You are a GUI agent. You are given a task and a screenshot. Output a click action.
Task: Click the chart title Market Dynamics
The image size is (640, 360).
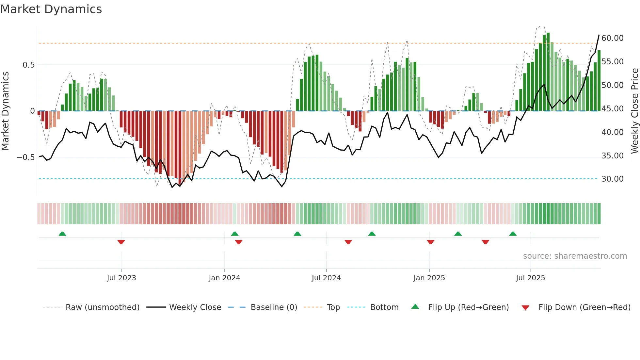point(51,9)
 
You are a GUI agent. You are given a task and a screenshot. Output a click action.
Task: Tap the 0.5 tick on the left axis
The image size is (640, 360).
point(28,65)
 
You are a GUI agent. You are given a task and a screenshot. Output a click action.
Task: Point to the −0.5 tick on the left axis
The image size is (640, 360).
point(25,157)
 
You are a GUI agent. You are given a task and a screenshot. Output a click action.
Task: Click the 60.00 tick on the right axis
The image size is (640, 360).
point(612,38)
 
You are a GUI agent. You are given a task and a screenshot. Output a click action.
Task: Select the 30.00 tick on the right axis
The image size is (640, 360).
point(612,179)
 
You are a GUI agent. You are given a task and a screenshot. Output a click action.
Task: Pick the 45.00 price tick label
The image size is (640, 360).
point(612,108)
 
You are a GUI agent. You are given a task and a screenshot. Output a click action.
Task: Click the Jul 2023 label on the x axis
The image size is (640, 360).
point(121,278)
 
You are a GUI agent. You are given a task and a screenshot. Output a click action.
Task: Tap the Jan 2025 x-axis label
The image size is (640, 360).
point(429,278)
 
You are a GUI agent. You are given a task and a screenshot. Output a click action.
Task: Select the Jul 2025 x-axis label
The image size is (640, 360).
point(530,278)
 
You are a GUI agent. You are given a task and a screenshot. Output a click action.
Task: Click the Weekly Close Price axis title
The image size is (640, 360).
point(634,111)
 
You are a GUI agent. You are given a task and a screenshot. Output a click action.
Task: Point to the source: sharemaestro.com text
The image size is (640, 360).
point(575,256)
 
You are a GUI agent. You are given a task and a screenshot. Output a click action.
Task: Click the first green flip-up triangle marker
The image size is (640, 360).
point(62,234)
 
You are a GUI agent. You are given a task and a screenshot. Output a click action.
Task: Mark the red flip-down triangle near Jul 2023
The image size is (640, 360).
point(121,242)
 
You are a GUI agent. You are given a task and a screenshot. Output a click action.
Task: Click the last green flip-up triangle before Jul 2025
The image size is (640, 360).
point(513,234)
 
